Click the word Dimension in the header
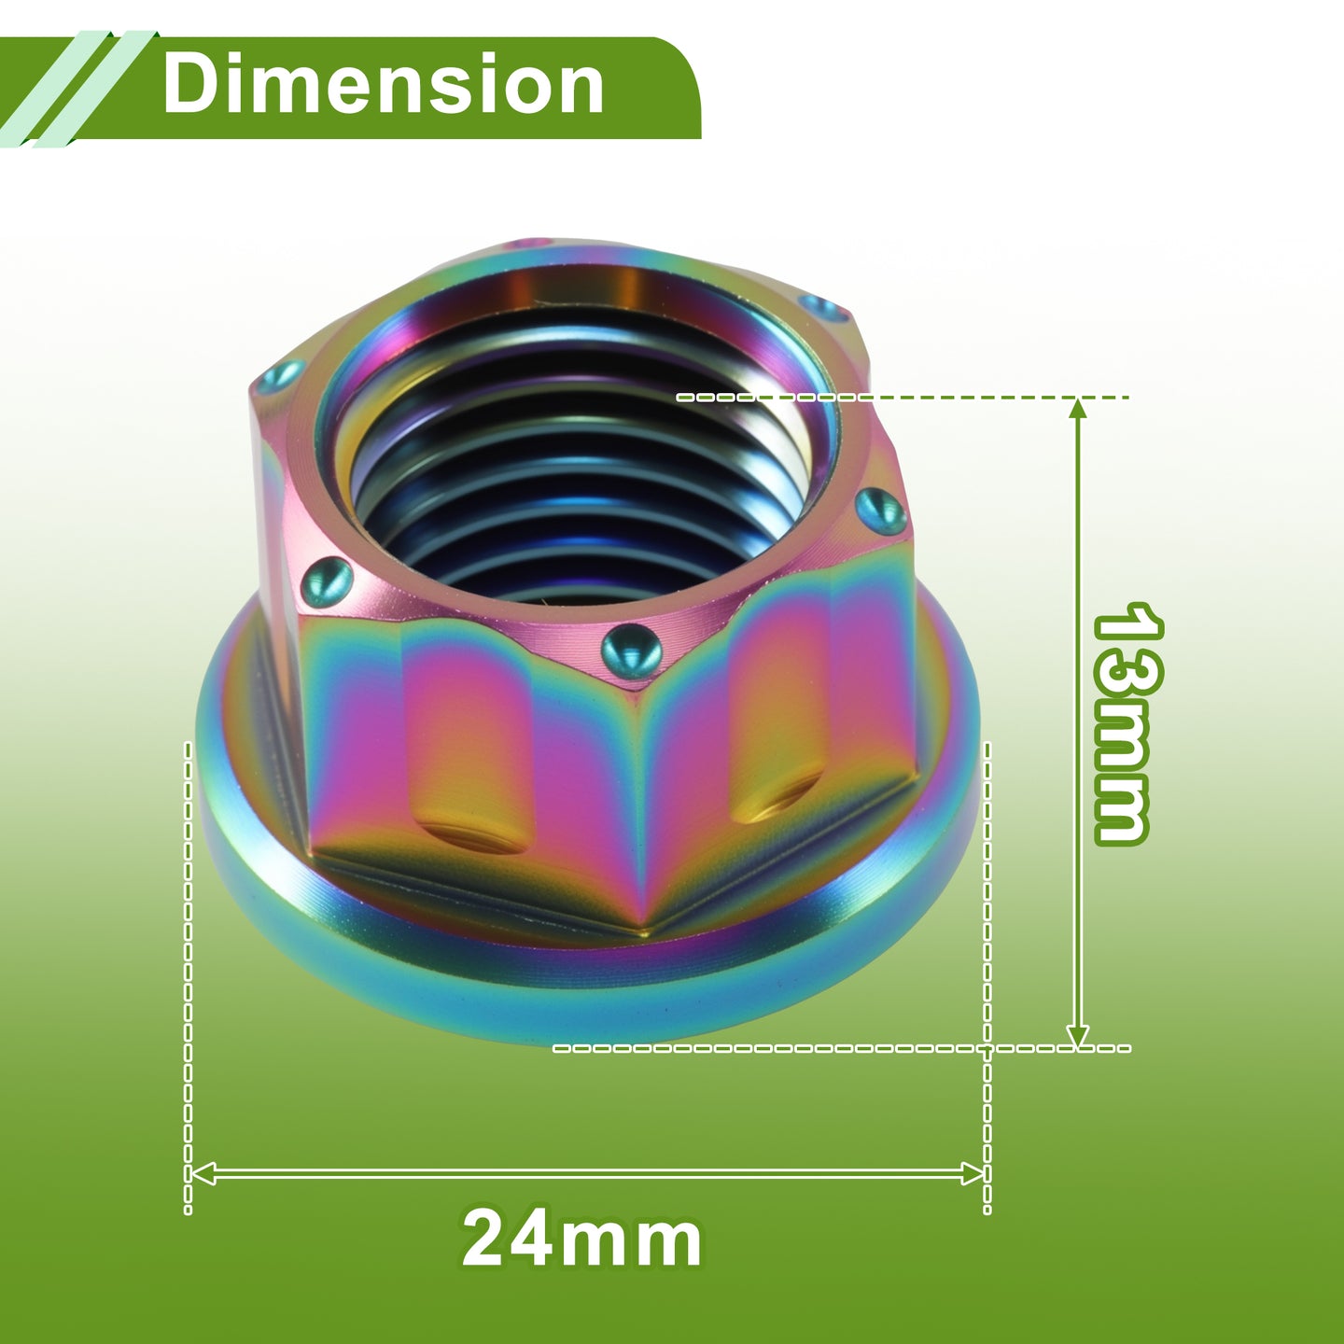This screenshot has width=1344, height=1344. pos(383,84)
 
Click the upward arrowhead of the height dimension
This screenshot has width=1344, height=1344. pos(1078,410)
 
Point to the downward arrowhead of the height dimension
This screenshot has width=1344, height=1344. pos(1078,1035)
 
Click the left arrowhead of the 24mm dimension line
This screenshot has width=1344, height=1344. pos(203,1174)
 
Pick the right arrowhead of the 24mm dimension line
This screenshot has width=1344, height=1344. pos(971,1174)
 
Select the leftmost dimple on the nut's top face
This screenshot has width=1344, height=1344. pos(280,377)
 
